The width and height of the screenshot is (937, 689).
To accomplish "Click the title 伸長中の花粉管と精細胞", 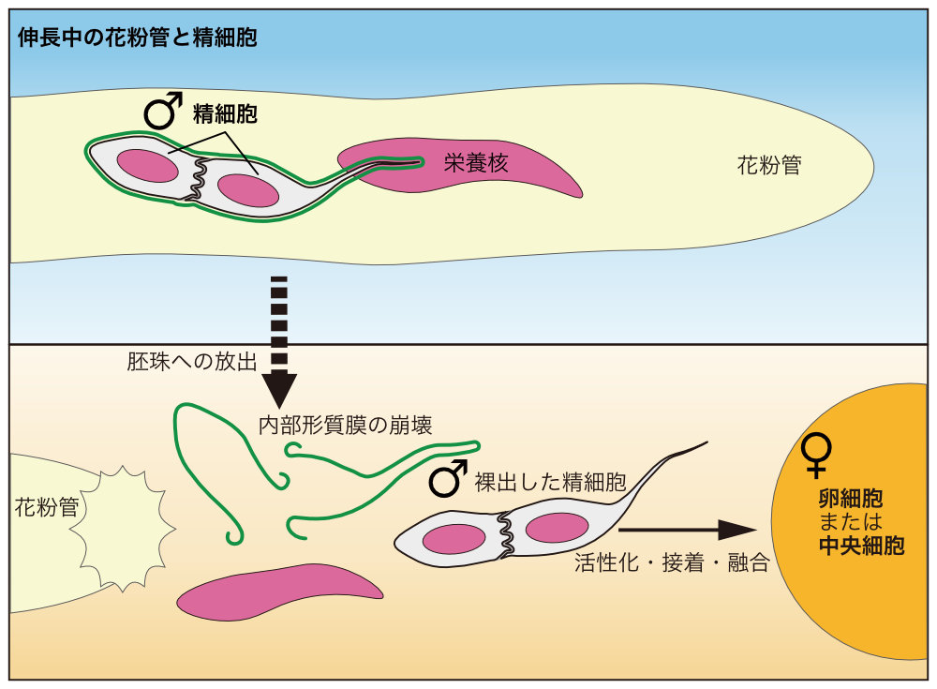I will [x=137, y=38].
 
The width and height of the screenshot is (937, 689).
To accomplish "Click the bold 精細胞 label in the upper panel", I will [x=225, y=114].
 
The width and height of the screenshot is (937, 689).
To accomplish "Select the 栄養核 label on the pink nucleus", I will [x=476, y=163].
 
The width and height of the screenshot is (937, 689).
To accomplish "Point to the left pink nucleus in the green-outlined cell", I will [x=148, y=166].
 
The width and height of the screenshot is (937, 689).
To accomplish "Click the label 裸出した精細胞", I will [x=551, y=483].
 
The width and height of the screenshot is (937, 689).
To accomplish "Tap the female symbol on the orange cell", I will [x=818, y=453].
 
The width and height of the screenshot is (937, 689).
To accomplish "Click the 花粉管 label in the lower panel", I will [x=46, y=508].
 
